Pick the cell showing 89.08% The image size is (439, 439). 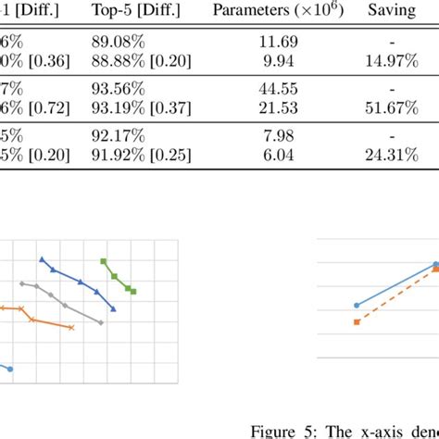tap(115, 41)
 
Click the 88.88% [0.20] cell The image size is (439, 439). tap(137, 59)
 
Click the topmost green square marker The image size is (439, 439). tap(104, 261)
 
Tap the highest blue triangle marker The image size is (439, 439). tap(42, 260)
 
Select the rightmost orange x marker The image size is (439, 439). tap(72, 327)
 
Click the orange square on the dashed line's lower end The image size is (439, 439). tap(357, 321)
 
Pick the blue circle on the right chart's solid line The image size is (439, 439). tap(357, 305)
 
